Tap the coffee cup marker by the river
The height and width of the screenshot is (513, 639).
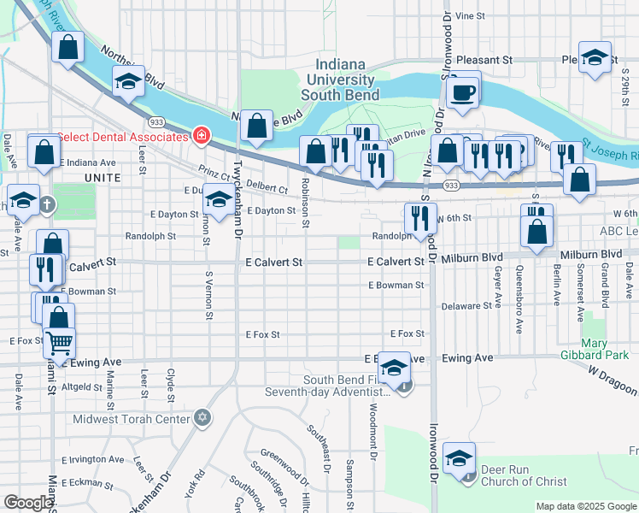pyautogui.click(x=463, y=91)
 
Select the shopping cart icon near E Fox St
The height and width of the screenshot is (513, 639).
pyautogui.click(x=59, y=344)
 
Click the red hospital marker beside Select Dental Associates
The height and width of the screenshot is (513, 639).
pyautogui.click(x=202, y=136)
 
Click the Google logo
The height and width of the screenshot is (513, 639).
pyautogui.click(x=28, y=503)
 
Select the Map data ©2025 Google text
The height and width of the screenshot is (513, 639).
pyautogui.click(x=585, y=506)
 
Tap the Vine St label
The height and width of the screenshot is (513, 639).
pyautogui.click(x=470, y=15)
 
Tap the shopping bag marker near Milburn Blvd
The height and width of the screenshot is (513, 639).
pyautogui.click(x=536, y=231)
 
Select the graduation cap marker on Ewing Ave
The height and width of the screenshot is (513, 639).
pyautogui.click(x=394, y=368)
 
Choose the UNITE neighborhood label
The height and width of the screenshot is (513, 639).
pyautogui.click(x=103, y=176)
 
